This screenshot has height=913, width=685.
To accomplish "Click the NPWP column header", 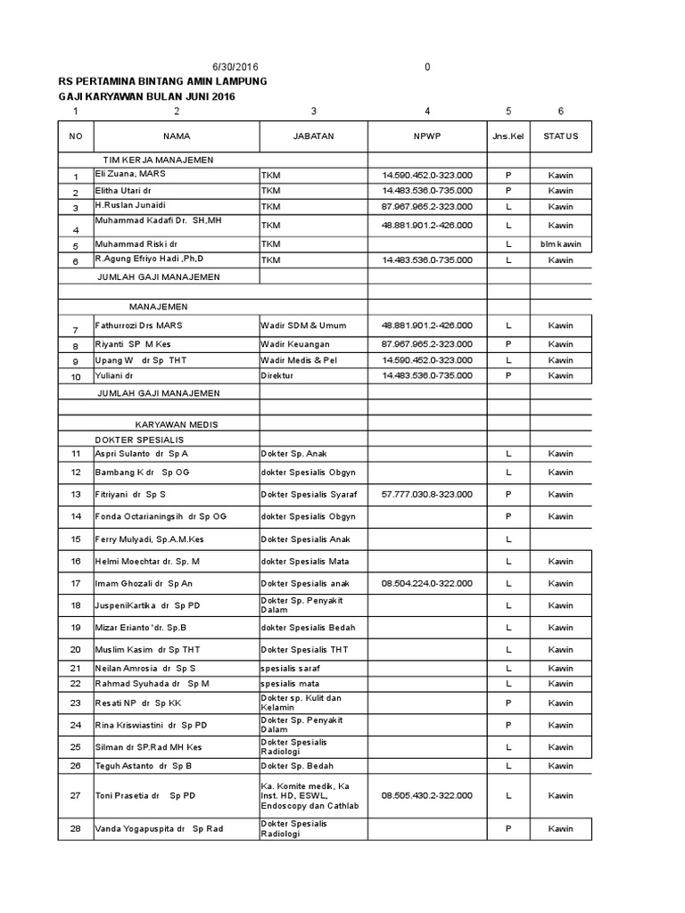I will tap(427, 136).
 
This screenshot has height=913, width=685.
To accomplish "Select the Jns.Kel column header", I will tap(508, 136).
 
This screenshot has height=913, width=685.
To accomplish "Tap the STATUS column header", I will tap(560, 136).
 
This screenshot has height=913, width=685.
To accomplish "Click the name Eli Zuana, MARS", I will tap(130, 174).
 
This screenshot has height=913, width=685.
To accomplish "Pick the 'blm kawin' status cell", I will tap(560, 243).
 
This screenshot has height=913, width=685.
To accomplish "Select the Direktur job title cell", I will tap(276, 376).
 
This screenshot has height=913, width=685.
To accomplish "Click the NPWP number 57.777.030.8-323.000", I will tap(427, 493).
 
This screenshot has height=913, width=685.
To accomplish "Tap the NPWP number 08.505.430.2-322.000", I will tap(427, 794).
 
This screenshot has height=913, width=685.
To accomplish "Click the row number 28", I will tap(76, 828).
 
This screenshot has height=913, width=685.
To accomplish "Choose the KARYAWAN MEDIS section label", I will tap(177, 424).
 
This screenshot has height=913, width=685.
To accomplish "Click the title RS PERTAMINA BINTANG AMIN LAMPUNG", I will tap(162, 81).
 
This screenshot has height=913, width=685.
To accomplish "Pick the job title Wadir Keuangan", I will tap(294, 343).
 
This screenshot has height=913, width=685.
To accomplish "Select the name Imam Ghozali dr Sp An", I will tap(144, 583).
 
